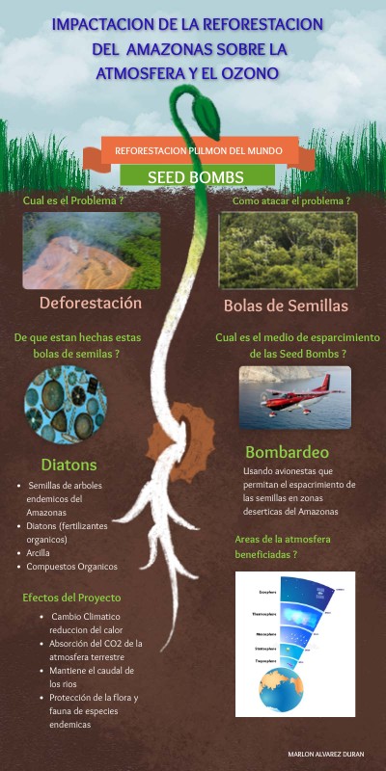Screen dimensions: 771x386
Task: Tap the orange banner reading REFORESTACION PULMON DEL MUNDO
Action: [x=199, y=150]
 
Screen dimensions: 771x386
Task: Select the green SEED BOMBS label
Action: [x=195, y=176]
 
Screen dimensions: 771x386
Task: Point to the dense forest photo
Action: [x=287, y=251]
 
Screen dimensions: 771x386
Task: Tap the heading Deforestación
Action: [x=91, y=303]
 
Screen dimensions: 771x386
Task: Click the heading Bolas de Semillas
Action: [x=286, y=306]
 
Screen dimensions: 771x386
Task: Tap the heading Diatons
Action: [x=69, y=465]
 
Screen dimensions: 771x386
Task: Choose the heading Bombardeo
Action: [x=288, y=452]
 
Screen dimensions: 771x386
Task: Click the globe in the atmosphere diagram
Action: [x=289, y=691]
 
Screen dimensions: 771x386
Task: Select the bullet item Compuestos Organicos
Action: [x=71, y=567]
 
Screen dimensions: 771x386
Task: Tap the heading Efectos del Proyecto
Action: [x=72, y=598]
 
